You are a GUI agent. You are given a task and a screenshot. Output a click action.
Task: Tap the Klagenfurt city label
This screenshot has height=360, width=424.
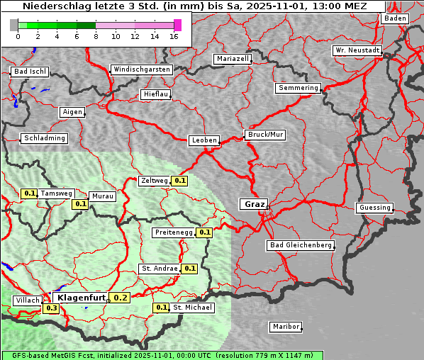(81, 298)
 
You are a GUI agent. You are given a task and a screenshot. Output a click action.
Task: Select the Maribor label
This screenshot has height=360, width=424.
(285, 327)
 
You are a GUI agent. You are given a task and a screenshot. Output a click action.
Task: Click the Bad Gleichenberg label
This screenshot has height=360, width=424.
(300, 245)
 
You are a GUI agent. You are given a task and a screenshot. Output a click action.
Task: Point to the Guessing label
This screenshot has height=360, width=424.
(374, 208)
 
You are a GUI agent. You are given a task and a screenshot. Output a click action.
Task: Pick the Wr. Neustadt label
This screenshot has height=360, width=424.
(357, 51)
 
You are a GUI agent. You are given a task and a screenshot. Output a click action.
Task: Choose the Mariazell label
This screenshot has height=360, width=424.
(233, 59)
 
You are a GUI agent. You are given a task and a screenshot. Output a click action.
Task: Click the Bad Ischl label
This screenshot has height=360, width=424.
(30, 72)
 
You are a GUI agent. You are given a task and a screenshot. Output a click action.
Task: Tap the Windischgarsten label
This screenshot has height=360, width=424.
(141, 69)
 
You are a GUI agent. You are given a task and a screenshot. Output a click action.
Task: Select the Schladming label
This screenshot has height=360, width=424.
(45, 138)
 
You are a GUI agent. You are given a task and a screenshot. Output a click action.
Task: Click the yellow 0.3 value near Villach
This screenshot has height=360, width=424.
(52, 308)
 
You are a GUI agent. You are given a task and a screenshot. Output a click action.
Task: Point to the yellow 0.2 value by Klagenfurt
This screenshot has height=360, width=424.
(121, 298)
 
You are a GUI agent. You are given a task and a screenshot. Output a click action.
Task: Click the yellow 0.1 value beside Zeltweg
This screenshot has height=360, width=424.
(180, 181)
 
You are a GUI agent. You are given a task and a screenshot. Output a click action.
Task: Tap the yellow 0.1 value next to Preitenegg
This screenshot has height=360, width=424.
(205, 232)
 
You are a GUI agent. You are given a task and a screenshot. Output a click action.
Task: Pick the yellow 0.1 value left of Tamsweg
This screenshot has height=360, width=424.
(29, 193)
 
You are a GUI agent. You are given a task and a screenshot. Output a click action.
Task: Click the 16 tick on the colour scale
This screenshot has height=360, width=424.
(174, 36)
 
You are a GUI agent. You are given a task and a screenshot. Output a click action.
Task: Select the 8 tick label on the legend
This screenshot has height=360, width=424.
(96, 36)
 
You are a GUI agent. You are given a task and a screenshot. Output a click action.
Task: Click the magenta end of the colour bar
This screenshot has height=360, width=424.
(177, 25)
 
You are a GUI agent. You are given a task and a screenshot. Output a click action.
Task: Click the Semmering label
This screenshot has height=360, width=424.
(298, 88)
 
